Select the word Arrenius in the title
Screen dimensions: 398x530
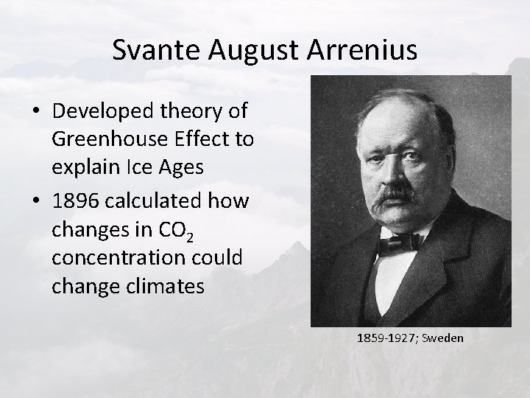[364, 49]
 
